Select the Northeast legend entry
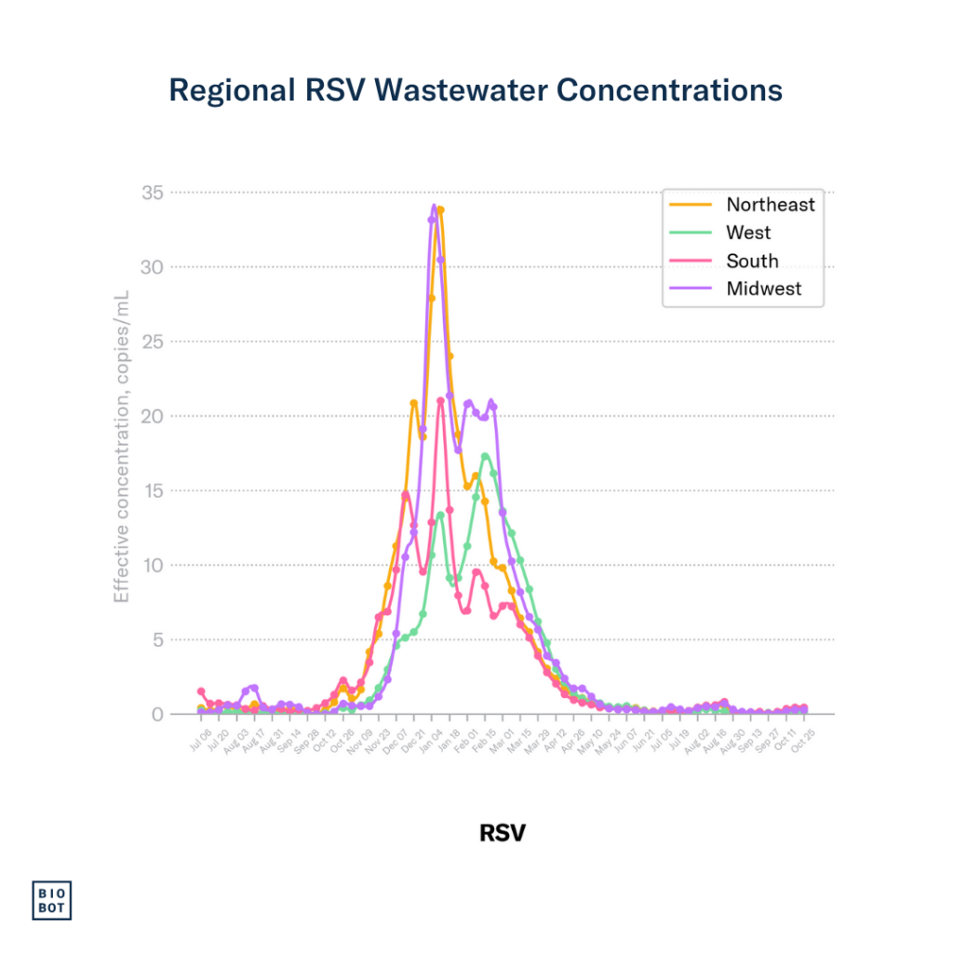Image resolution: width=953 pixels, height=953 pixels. tap(770, 205)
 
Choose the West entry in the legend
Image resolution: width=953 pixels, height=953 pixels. tap(748, 233)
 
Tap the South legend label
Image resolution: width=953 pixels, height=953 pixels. tap(752, 262)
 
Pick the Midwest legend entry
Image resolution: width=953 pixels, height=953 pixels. tap(763, 289)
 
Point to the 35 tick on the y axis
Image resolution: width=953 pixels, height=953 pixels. tap(153, 193)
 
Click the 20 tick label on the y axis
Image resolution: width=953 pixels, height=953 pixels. tap(153, 416)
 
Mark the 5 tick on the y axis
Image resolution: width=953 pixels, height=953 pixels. tap(157, 639)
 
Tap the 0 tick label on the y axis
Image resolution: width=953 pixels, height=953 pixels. tap(157, 714)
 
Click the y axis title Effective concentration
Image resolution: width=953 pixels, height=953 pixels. tap(122, 447)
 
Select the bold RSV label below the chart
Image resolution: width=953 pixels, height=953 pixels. tap(502, 832)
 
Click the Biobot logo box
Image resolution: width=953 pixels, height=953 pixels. tap(52, 899)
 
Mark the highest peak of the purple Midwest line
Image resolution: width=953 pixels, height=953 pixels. tap(434, 207)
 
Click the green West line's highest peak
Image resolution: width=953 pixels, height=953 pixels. tap(485, 455)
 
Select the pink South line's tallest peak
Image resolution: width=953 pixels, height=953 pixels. tap(440, 400)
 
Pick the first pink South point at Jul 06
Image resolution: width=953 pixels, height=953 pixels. tap(201, 691)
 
